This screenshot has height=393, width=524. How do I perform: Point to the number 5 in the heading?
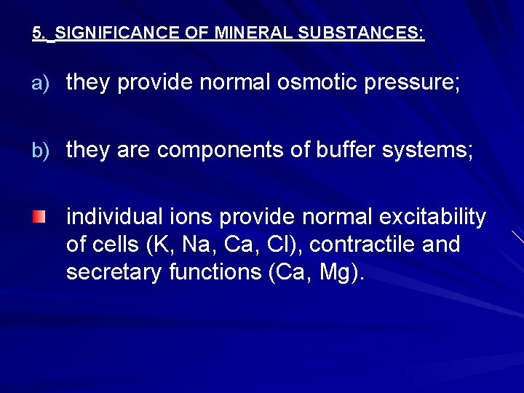pos(36,33)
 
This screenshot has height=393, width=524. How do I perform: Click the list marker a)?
pos(39,84)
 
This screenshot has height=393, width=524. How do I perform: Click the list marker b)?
pos(39,151)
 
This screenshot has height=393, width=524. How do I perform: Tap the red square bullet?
pos(39,217)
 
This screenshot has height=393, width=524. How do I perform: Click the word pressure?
pos(418,84)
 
